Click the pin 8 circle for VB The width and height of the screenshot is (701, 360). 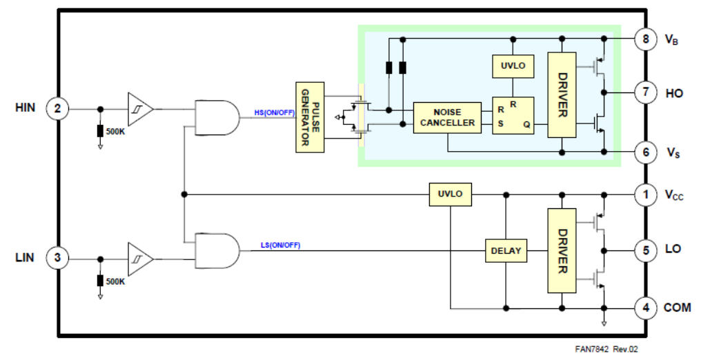point(646,39)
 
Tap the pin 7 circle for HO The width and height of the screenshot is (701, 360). point(646,92)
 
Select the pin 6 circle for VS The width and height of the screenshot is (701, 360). point(646,152)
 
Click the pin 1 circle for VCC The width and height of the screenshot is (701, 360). point(646,195)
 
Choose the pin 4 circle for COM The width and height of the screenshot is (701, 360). point(646,307)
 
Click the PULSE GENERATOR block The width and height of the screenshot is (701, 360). point(310,117)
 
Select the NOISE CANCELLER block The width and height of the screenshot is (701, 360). point(447,117)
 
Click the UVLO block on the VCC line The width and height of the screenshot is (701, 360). point(450,194)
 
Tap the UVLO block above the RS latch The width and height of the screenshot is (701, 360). point(512,66)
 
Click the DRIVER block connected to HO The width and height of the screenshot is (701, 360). point(562,94)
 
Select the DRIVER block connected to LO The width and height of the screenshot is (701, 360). point(562,250)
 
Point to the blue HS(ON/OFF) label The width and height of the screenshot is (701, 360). point(275,112)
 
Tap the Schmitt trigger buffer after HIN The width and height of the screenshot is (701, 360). point(139,108)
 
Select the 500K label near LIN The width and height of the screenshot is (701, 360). point(115,281)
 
